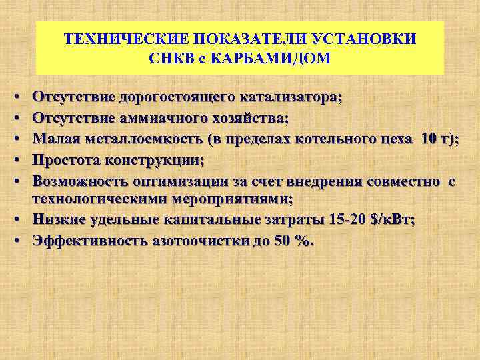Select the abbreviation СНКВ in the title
point(174,58)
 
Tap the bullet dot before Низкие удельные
point(14,221)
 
